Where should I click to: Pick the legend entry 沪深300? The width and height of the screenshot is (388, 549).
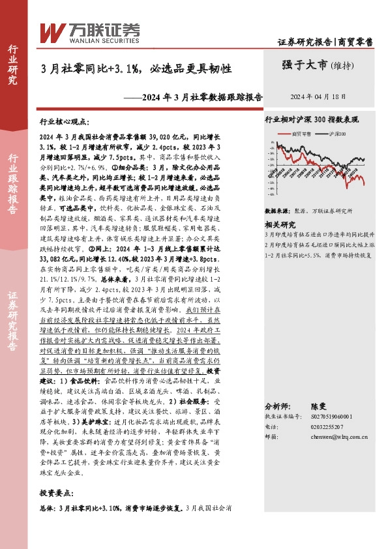tap(338, 132)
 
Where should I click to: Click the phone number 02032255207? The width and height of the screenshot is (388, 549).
tap(325, 426)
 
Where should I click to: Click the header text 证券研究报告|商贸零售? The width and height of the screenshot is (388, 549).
tap(325, 42)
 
